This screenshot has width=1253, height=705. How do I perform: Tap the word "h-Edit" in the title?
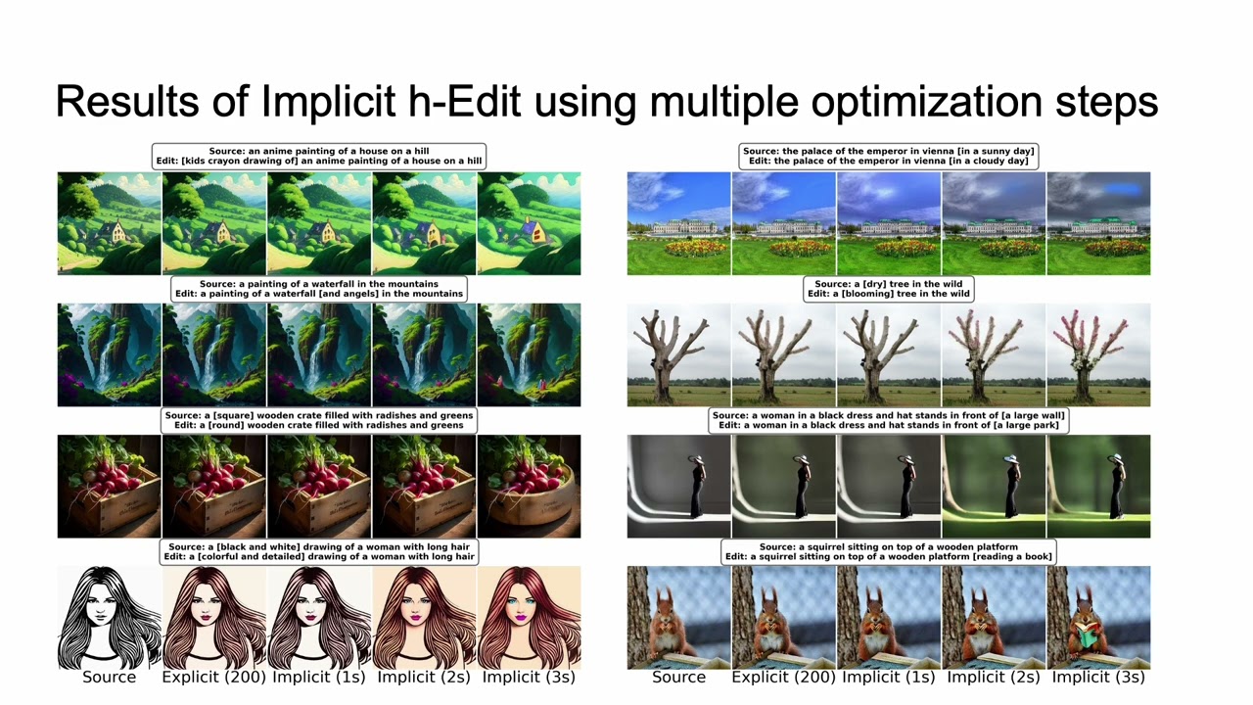tap(410, 102)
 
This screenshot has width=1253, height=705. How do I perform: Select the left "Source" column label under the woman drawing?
tap(109, 677)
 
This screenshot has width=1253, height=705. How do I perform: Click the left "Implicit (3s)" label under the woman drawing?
tap(529, 677)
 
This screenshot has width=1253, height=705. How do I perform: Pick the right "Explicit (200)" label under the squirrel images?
tap(783, 677)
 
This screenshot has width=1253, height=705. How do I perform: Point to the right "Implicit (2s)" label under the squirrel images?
tap(994, 677)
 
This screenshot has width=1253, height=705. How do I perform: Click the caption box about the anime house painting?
tap(319, 157)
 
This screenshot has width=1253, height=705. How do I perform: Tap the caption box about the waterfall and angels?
tap(319, 288)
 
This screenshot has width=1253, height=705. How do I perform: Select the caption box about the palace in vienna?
tap(888, 157)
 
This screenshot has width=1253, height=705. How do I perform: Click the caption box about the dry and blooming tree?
tap(888, 288)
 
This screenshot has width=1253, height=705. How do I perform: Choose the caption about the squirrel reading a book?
tap(888, 551)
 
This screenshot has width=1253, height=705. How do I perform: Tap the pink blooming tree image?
tap(1098, 354)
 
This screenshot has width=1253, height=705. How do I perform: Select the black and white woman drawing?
tap(109, 617)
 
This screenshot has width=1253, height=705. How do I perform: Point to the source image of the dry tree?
tap(678, 354)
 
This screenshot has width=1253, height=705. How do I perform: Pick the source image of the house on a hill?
tap(109, 223)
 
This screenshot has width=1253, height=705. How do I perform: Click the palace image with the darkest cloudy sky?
tap(1098, 223)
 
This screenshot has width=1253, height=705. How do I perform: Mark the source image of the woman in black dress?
tap(678, 487)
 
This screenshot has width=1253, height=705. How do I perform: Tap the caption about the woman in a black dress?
tap(888, 420)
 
